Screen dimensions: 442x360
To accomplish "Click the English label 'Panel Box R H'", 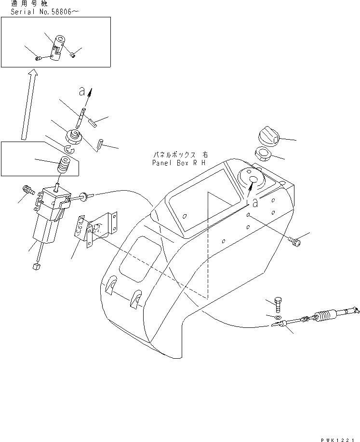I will [179, 163].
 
